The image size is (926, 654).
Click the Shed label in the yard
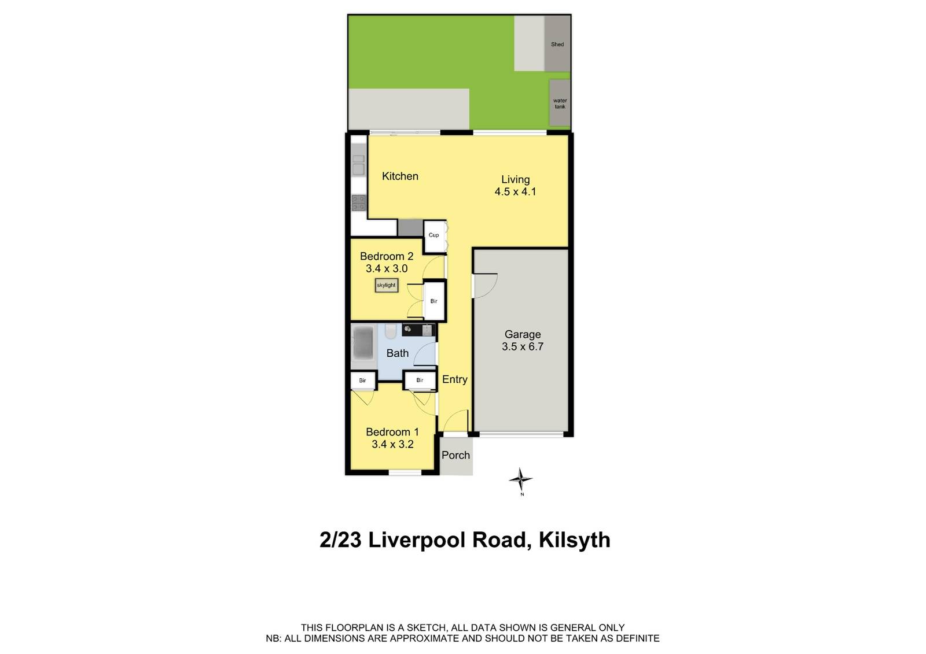pyautogui.click(x=557, y=45)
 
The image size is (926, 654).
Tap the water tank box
pyautogui.click(x=560, y=104)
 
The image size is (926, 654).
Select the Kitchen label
pyautogui.click(x=400, y=176)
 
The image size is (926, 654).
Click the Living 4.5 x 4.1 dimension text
pyautogui.click(x=515, y=192)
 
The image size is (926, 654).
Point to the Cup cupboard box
pyautogui.click(x=433, y=235)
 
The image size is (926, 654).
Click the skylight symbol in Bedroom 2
pyautogui.click(x=386, y=285)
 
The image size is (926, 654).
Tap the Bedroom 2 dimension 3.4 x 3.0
pyautogui.click(x=387, y=268)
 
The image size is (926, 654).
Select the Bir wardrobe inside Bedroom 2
pyautogui.click(x=434, y=301)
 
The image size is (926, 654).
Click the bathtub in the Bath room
pyautogui.click(x=363, y=343)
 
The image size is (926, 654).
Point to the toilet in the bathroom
pyautogui.click(x=390, y=331)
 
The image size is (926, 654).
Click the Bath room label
pyautogui.click(x=398, y=353)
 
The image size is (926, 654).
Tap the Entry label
pyautogui.click(x=455, y=379)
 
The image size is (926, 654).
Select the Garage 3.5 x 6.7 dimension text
pyautogui.click(x=523, y=347)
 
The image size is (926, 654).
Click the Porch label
pyautogui.click(x=455, y=455)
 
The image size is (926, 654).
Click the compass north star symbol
pyautogui.click(x=521, y=479)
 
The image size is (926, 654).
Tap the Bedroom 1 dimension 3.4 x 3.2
pyautogui.click(x=392, y=444)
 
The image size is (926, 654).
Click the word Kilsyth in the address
pyautogui.click(x=574, y=540)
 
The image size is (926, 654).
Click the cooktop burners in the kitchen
pyautogui.click(x=359, y=202)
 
